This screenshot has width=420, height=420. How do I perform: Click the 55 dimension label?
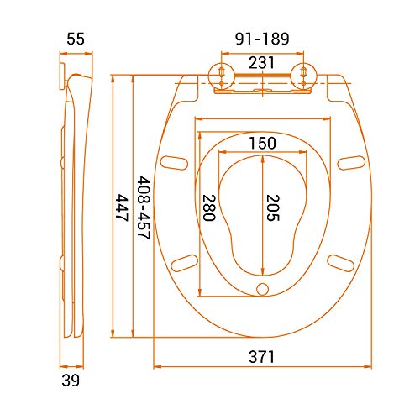76,39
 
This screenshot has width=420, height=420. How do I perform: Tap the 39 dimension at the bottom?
71,381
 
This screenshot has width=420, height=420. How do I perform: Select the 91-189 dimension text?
262,39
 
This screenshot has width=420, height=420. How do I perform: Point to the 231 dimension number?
261,63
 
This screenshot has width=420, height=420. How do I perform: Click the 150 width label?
262,143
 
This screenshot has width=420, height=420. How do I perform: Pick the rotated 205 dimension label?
273,207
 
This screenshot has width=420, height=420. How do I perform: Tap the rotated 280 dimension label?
209,207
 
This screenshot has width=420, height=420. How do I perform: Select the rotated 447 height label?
122,207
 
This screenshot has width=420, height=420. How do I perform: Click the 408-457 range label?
144,207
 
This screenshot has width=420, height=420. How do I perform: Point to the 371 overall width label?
261,357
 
